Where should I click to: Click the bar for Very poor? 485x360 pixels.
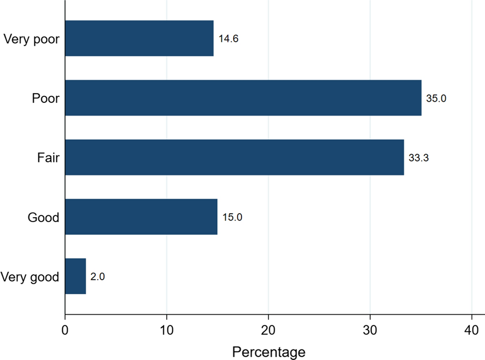click(139, 39)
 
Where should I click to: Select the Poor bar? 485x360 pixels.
click(243, 98)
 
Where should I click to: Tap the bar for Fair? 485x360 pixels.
click(234, 157)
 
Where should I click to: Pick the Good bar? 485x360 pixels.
click(141, 217)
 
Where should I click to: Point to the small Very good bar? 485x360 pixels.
click(76, 276)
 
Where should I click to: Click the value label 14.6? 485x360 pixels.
click(228, 39)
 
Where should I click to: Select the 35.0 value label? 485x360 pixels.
click(436, 98)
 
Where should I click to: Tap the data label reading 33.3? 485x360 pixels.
click(419, 157)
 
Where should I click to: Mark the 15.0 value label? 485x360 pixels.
click(232, 217)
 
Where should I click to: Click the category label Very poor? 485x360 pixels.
click(31, 39)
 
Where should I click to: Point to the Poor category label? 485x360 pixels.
click(46, 98)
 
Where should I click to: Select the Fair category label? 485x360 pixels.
click(49, 158)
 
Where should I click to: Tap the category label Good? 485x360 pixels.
click(43, 217)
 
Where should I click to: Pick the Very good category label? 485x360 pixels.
click(30, 277)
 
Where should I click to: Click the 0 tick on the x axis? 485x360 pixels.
click(65, 331)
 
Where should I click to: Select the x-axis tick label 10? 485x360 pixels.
click(167, 331)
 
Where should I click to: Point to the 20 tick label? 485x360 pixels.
click(269, 331)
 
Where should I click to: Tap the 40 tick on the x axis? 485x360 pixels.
click(472, 331)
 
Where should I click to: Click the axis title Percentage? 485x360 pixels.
click(269, 352)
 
